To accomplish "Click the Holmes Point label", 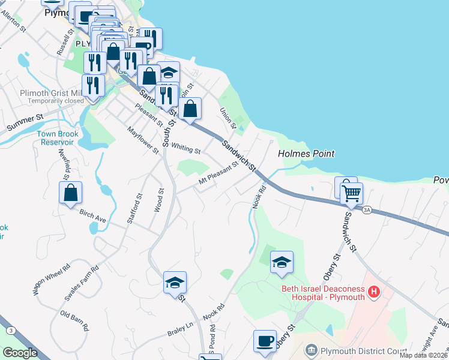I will [x=306, y=154].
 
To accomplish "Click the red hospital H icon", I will [x=374, y=292].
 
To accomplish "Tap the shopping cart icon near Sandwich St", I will [x=351, y=193].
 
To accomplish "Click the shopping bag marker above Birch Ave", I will [x=70, y=193].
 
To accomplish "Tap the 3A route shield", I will [x=366, y=209].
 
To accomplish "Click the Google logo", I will [x=20, y=353].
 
